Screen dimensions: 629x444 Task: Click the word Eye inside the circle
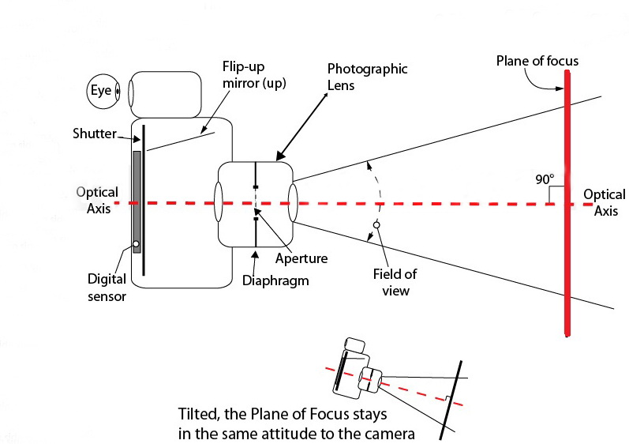click(101, 91)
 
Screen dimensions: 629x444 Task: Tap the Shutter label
click(95, 134)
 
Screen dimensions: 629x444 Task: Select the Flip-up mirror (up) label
click(254, 75)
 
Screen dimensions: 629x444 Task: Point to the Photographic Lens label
click(367, 77)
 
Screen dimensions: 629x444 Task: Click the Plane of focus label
click(537, 61)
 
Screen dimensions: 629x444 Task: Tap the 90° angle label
click(545, 179)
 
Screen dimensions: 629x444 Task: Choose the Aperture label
click(301, 258)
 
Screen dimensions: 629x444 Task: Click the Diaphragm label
click(275, 280)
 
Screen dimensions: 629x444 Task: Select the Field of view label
click(395, 282)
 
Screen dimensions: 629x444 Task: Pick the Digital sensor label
click(107, 288)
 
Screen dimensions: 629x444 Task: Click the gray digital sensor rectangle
click(137, 201)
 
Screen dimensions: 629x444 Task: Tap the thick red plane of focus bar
click(567, 204)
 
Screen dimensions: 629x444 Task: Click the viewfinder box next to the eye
click(165, 95)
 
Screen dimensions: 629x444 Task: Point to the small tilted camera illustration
click(357, 369)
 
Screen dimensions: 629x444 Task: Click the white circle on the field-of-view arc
click(376, 225)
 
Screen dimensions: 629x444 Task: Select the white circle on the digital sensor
click(136, 243)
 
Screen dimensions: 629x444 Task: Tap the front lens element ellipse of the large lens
click(293, 203)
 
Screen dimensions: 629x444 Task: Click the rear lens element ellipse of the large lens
click(219, 202)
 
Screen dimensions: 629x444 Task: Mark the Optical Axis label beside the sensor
click(98, 201)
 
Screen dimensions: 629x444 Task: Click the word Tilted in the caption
click(199, 414)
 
